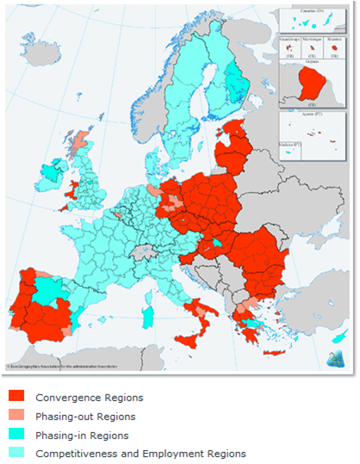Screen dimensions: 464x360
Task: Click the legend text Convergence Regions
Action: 89,398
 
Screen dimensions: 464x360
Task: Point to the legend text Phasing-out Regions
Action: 86,417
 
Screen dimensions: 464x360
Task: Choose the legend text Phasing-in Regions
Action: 82,436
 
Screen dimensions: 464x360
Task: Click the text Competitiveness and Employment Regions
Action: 140,454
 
